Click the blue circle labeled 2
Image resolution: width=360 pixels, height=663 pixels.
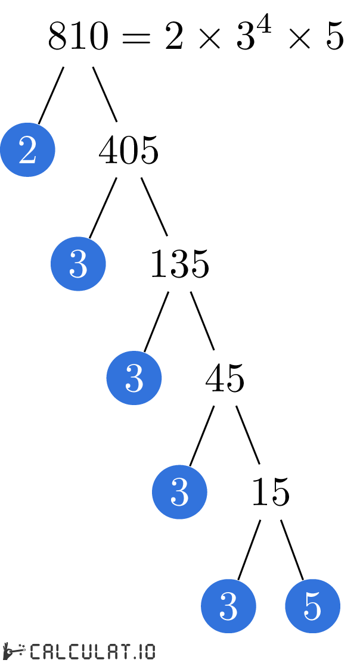pyautogui.click(x=27, y=150)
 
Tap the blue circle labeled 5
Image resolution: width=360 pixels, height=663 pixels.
pyautogui.click(x=312, y=606)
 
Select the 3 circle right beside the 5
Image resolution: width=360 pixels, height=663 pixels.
pyautogui.click(x=228, y=606)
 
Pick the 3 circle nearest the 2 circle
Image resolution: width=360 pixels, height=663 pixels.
pyautogui.click(x=78, y=264)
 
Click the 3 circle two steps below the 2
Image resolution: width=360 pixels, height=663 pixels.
pyautogui.click(x=134, y=378)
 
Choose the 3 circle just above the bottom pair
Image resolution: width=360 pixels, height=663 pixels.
pyautogui.click(x=179, y=492)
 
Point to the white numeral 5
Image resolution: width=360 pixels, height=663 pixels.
pyautogui.click(x=312, y=606)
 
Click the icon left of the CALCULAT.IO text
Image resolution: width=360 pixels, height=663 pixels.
pyautogui.click(x=15, y=651)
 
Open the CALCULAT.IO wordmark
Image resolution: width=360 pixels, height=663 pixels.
pyautogui.click(x=92, y=651)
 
